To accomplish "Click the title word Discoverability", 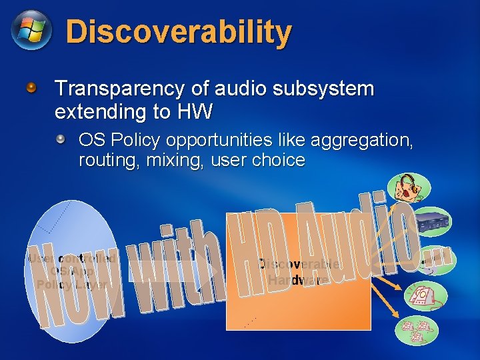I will [x=179, y=32].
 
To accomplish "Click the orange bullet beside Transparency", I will [x=31, y=88].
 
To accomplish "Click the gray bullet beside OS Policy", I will [x=61, y=140].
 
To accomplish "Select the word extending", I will [x=101, y=111].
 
